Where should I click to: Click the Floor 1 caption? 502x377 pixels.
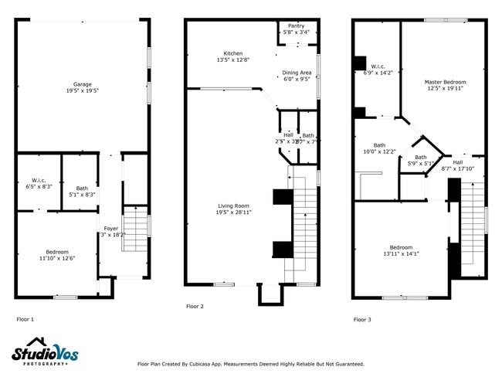25,319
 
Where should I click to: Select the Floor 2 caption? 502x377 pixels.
195,307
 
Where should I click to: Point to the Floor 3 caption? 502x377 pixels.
362,319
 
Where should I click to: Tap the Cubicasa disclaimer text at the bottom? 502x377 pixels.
250,364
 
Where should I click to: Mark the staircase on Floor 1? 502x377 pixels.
137,229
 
